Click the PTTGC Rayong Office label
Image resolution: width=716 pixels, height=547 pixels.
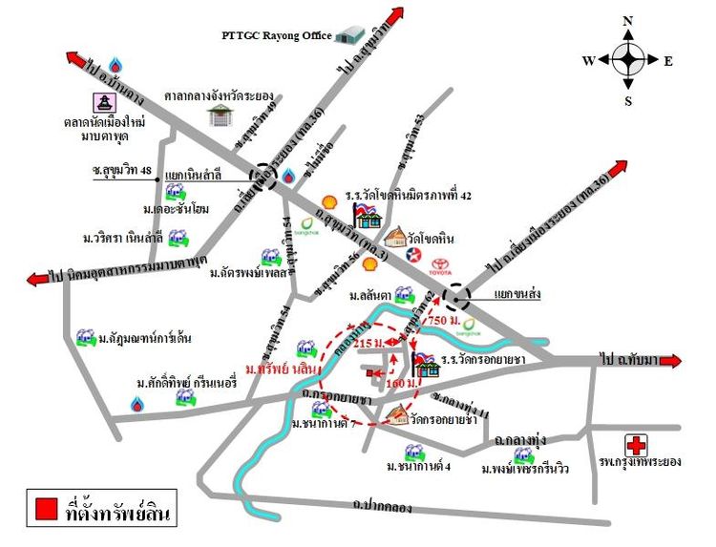pyautogui.click(x=276, y=36)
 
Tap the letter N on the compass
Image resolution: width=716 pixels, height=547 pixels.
pyautogui.click(x=628, y=20)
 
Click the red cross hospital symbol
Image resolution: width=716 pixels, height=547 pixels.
pyautogui.click(x=637, y=444)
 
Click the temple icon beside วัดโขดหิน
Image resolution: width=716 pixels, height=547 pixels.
pyautogui.click(x=393, y=236)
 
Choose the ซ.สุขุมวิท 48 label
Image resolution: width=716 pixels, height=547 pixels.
pyautogui.click(x=117, y=170)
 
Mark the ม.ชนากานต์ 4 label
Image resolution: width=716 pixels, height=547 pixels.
pyautogui.click(x=419, y=467)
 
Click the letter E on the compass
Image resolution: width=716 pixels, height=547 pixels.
pyautogui.click(x=668, y=61)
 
